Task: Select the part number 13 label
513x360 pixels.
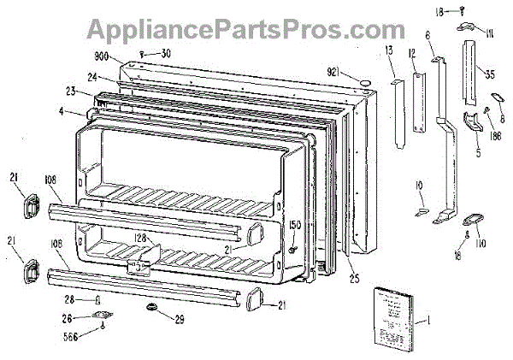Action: tap(390, 53)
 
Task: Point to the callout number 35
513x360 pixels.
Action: tap(489, 73)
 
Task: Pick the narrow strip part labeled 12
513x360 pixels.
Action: tap(418, 103)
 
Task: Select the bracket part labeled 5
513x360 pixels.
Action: tap(473, 124)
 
